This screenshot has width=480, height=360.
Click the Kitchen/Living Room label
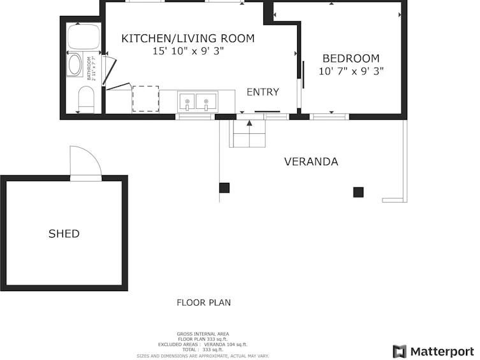click(188, 38)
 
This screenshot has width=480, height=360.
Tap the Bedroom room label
click(351, 59)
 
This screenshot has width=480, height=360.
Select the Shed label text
click(64, 234)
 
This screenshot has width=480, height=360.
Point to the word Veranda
click(311, 161)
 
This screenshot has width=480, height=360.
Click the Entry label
click(263, 92)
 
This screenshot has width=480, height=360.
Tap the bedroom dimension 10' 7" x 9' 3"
click(351, 71)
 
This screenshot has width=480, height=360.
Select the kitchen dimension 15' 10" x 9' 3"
click(188, 51)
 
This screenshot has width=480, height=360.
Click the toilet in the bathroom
click(86, 99)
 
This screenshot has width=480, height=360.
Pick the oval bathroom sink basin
click(75, 64)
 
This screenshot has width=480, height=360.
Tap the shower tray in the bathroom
click(84, 37)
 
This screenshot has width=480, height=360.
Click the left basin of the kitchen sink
click(187, 102)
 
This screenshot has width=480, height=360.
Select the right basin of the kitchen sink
click(206, 102)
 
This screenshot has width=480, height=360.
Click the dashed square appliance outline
click(145, 99)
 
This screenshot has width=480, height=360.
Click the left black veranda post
click(224, 188)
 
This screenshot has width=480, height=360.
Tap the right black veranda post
click(358, 192)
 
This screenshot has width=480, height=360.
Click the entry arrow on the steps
click(249, 123)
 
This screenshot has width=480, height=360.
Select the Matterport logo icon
click(400, 351)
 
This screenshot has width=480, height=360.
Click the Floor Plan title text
click(203, 303)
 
